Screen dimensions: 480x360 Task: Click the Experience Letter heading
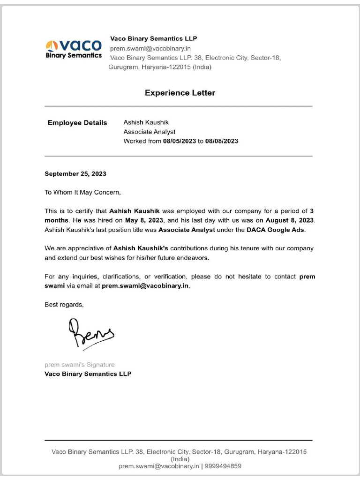180,93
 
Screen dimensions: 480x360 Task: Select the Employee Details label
77,123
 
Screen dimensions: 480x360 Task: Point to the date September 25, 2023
75,173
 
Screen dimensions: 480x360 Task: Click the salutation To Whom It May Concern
82,192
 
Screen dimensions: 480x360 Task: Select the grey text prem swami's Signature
79,364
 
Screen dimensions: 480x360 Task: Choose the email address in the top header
150,48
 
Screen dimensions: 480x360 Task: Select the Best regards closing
64,304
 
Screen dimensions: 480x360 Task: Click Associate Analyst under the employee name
150,132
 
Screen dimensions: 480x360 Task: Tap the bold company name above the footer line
88,374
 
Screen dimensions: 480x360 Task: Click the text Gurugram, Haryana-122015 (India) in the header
160,67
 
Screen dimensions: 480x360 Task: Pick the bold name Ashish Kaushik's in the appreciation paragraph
141,248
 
